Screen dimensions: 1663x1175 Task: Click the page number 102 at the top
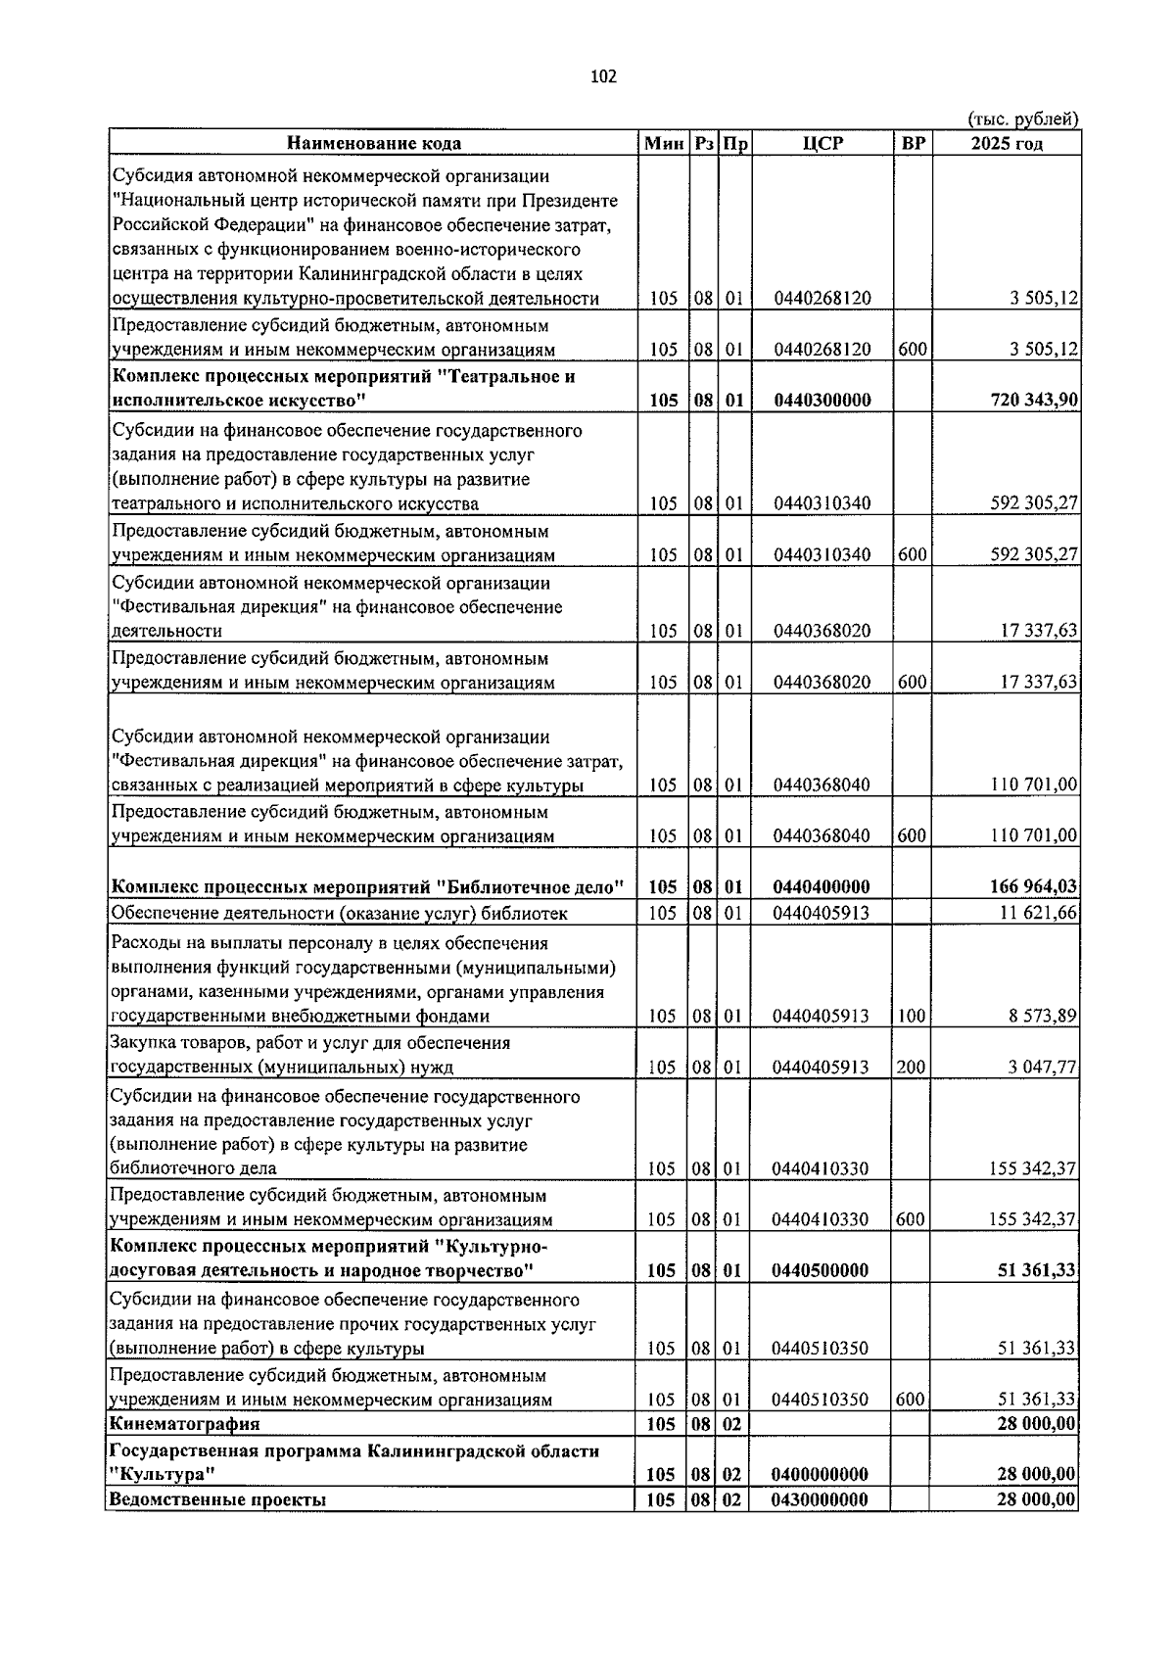[x=603, y=77]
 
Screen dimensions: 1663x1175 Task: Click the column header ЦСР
[x=822, y=144]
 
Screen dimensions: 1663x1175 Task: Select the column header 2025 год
[x=1006, y=144]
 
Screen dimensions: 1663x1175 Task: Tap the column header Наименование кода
[x=373, y=144]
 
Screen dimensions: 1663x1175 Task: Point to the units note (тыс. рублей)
[x=1022, y=119]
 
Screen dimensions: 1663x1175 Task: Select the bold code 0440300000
[x=822, y=401]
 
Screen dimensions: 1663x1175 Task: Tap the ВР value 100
[x=911, y=1017]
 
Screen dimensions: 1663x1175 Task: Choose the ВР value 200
[x=911, y=1068]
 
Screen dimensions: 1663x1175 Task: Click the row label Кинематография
[x=185, y=1424]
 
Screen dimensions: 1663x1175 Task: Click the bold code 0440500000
[x=821, y=1271]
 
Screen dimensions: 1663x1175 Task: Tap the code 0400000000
[x=821, y=1475]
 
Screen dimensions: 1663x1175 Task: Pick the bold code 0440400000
[x=821, y=887]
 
